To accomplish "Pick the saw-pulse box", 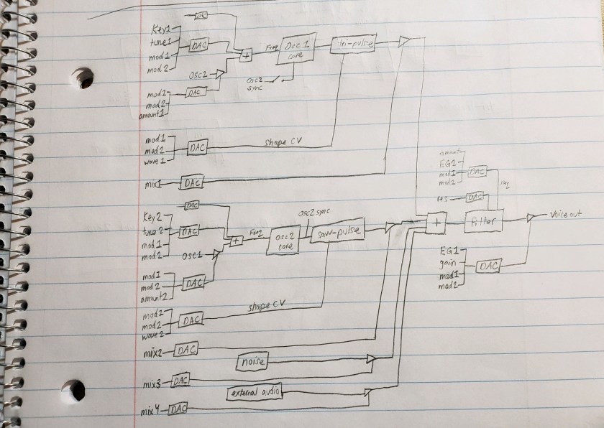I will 337,232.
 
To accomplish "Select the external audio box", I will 255,392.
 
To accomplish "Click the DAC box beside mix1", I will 191,183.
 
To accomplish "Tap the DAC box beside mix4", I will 178,410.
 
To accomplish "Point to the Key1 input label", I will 161,30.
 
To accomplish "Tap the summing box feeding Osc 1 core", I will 246,54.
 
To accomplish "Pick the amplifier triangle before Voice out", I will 530,216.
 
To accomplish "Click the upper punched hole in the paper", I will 81,77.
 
